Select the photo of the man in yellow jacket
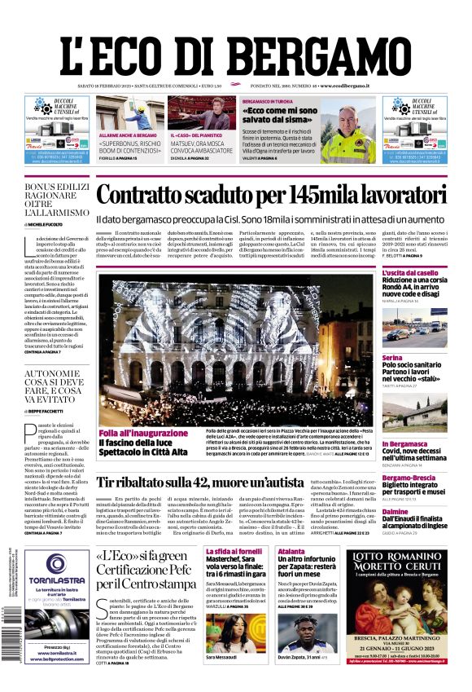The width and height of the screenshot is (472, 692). click(347, 134)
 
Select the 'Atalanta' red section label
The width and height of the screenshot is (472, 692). click(291, 551)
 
